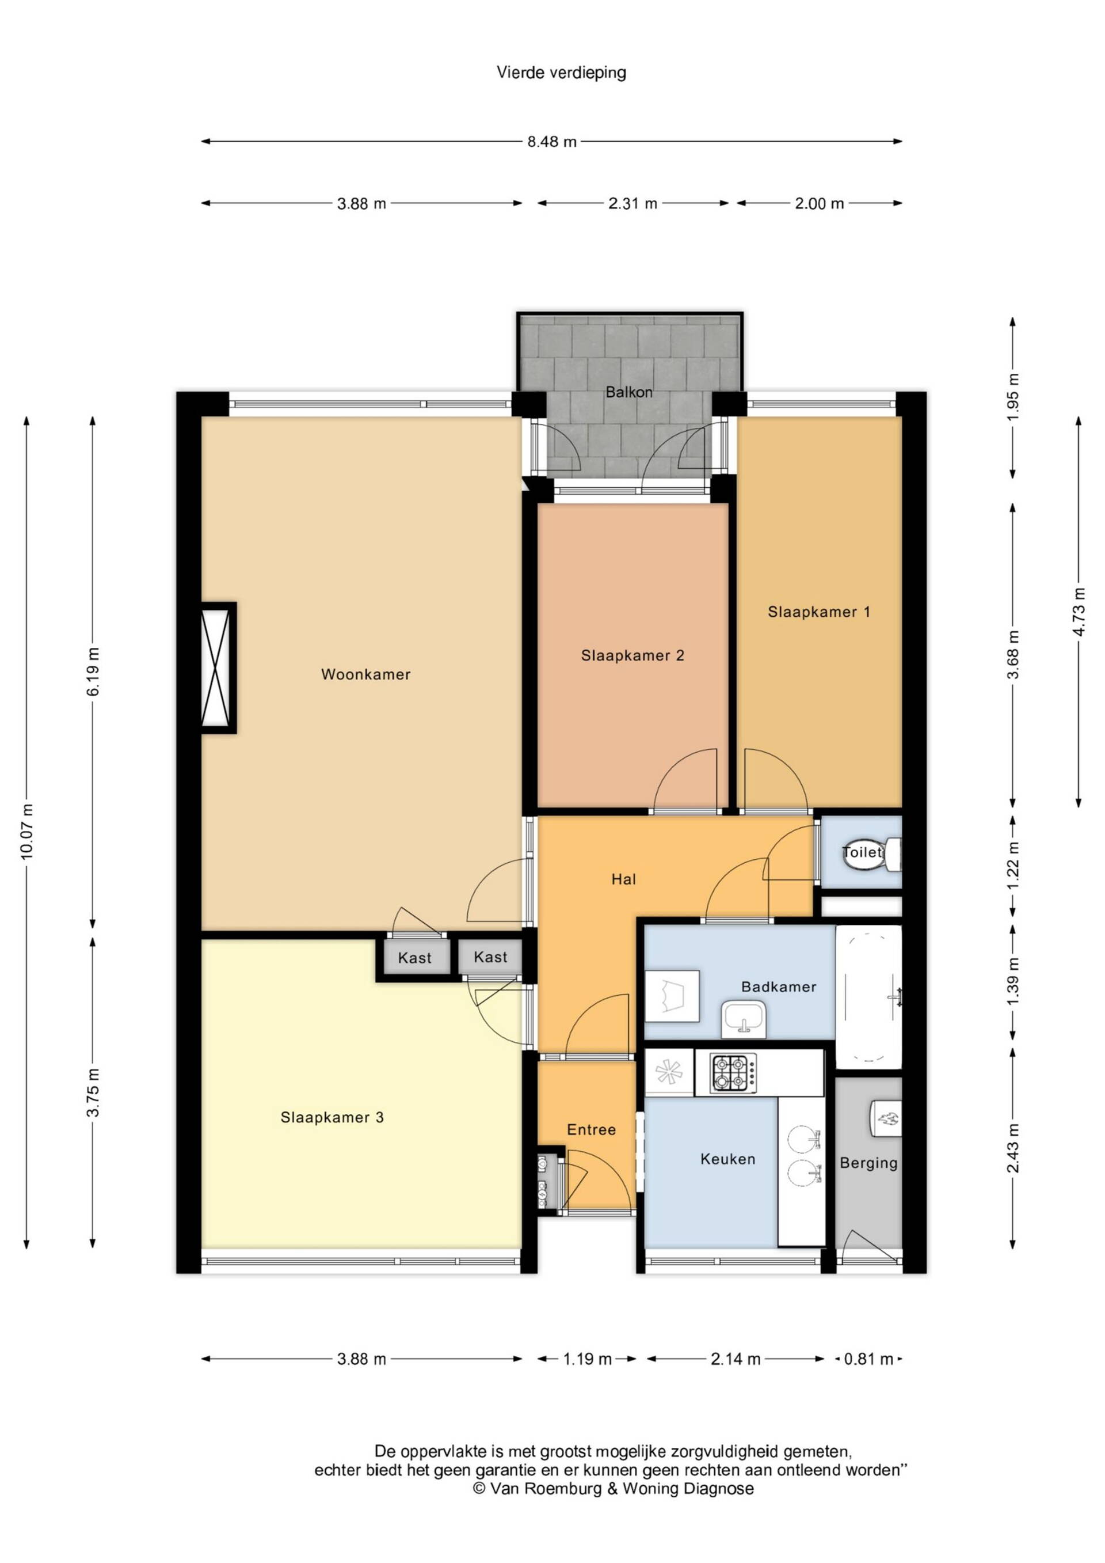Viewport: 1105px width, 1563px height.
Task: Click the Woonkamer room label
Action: [x=365, y=674]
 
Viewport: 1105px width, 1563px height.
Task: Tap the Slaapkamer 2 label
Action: [x=632, y=655]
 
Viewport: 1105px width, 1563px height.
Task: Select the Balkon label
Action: [x=630, y=392]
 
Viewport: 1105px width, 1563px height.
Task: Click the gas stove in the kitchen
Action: [x=733, y=1073]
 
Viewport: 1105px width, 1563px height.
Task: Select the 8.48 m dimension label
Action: [x=552, y=142]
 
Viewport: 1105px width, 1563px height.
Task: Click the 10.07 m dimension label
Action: [x=27, y=831]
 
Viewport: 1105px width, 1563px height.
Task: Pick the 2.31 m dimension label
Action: [x=633, y=203]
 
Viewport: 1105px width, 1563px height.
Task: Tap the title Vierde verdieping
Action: [x=561, y=73]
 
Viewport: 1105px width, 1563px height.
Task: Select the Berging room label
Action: [x=869, y=1163]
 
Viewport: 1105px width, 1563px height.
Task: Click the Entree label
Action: [x=591, y=1130]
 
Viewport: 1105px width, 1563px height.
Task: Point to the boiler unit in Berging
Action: [x=886, y=1118]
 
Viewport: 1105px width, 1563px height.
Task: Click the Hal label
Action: [x=623, y=879]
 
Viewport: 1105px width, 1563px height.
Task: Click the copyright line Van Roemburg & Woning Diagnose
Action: [x=613, y=1489]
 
